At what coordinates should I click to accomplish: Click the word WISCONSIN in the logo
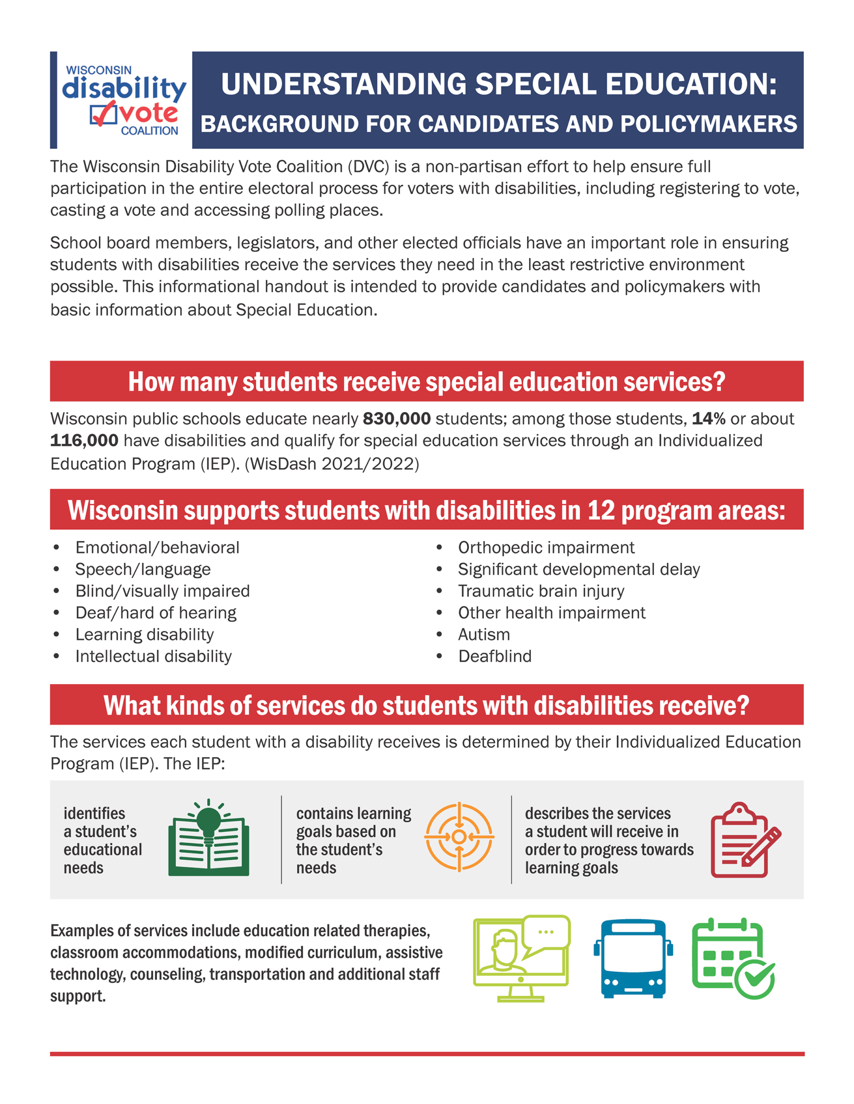click(x=99, y=70)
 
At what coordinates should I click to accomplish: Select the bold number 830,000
click(x=397, y=418)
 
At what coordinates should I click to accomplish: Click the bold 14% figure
click(x=708, y=418)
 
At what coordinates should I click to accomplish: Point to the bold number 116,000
click(x=84, y=440)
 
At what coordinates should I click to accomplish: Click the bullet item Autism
click(x=483, y=634)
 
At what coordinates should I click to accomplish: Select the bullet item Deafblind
click(x=494, y=656)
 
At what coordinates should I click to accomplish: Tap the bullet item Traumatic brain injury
click(x=541, y=591)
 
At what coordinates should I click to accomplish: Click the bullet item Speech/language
click(x=142, y=569)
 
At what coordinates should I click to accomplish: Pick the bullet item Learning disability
click(x=144, y=634)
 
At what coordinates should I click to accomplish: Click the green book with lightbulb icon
click(x=208, y=838)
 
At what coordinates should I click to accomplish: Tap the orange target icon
click(x=459, y=837)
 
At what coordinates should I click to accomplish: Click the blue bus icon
click(x=633, y=958)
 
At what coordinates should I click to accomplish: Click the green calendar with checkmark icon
click(x=733, y=958)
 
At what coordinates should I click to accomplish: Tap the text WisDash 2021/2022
click(x=332, y=464)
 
